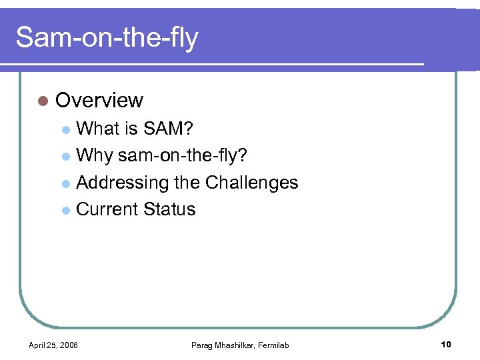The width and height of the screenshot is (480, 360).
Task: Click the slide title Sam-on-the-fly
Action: point(107,37)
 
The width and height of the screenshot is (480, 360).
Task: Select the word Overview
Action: point(99,101)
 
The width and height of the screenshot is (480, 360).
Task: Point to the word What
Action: point(99,128)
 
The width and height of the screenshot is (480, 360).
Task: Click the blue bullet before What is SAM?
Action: point(65,129)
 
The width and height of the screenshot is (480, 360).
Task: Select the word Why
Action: point(95,155)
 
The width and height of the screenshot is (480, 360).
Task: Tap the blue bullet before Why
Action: point(65,157)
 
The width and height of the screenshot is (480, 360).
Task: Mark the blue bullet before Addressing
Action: point(65,183)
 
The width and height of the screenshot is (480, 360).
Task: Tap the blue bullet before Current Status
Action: point(65,211)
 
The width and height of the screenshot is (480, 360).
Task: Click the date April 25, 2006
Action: point(53,345)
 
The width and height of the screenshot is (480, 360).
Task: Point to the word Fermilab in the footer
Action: point(272,345)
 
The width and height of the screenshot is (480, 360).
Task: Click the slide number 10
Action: point(446,344)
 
